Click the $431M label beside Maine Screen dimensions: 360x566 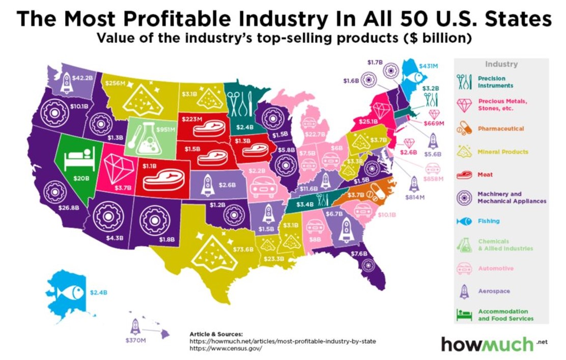pos(428,66)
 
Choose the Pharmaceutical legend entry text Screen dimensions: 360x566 pos(500,129)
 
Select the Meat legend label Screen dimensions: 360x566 pos(485,174)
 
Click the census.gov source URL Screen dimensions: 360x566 pos(225,349)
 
